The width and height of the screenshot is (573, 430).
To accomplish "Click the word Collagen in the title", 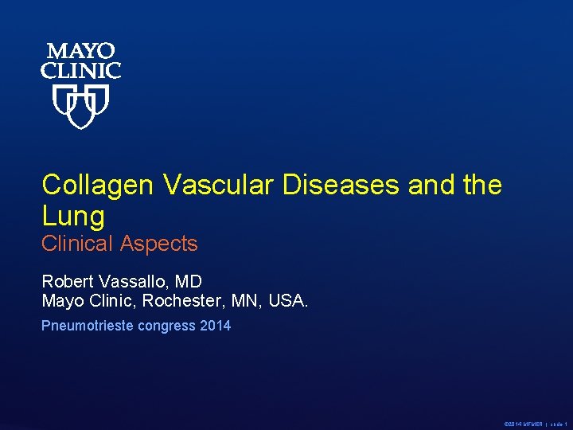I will [x=98, y=185].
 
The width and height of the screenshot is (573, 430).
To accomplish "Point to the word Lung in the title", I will [x=73, y=216].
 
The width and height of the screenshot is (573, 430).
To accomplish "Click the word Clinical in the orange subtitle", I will [x=77, y=244].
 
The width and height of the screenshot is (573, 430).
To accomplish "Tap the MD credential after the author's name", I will [x=189, y=282].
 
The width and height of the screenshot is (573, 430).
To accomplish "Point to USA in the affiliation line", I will [x=287, y=301].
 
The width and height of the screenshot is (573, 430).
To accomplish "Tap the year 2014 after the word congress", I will [x=216, y=326].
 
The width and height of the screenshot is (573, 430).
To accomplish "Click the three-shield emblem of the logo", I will [x=80, y=107].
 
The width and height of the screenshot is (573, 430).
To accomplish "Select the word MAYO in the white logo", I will [x=80, y=53].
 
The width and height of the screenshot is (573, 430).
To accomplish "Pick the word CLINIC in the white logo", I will [x=80, y=71].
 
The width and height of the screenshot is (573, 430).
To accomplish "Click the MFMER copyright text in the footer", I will [x=523, y=424].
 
